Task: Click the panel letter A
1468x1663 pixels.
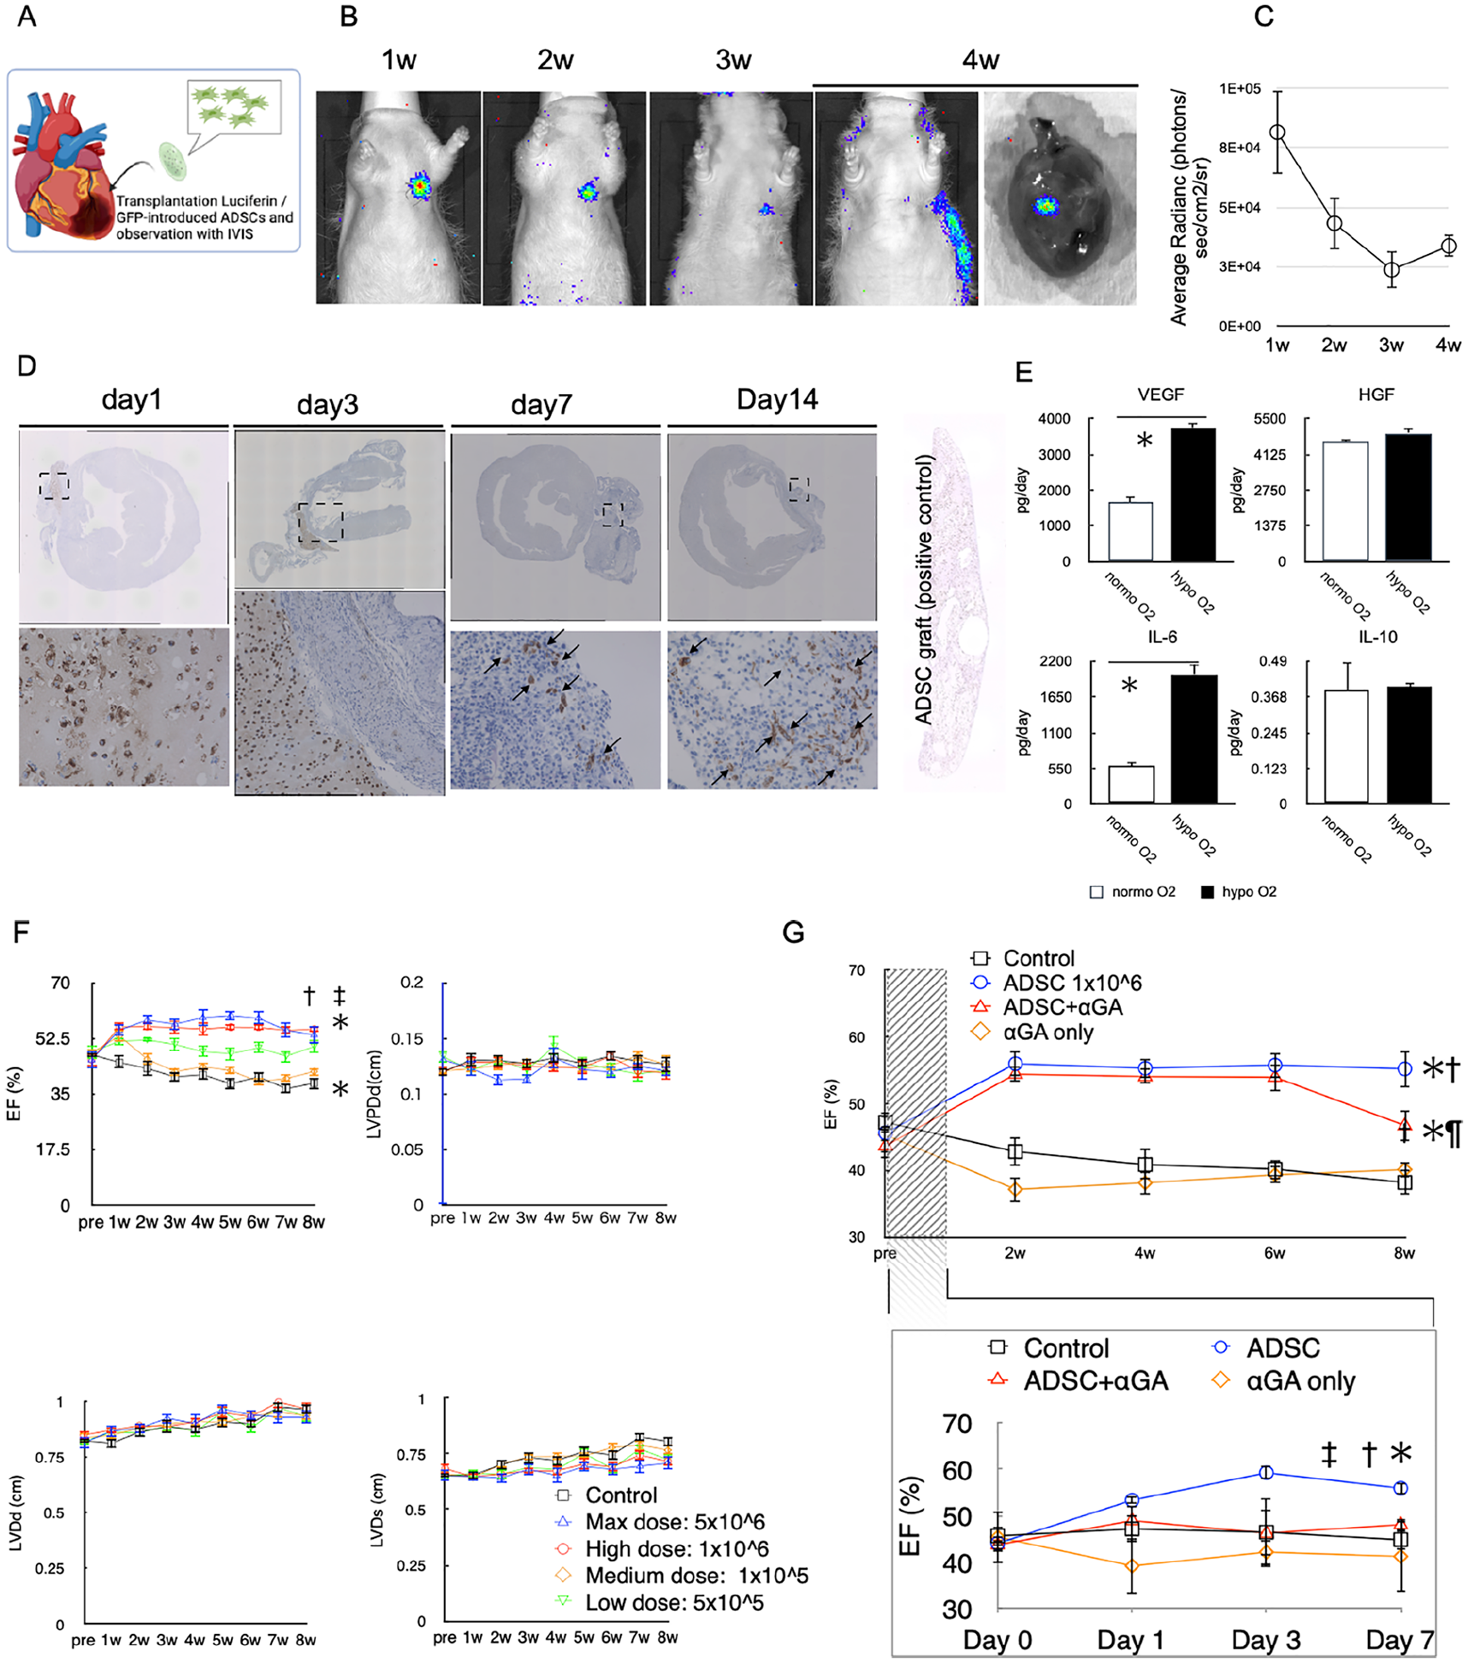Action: (27, 16)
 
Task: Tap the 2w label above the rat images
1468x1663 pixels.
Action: (555, 60)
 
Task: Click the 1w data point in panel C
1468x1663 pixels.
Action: (1277, 132)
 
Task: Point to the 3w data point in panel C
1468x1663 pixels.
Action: (1392, 269)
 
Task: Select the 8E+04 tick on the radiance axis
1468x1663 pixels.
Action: (1240, 148)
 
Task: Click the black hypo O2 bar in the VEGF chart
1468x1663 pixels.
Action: (1193, 495)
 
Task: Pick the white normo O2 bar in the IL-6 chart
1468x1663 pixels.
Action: (1131, 785)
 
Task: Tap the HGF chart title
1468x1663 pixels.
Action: (1376, 394)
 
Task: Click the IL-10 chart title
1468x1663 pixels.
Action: (1377, 637)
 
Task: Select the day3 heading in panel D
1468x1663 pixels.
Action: (327, 404)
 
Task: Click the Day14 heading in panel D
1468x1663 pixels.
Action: (777, 399)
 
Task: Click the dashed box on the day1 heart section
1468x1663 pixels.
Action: (54, 485)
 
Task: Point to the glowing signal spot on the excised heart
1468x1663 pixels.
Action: (1045, 205)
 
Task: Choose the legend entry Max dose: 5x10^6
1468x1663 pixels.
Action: (660, 1521)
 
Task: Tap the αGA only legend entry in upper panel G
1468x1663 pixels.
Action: (1033, 1032)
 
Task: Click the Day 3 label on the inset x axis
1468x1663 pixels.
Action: (1265, 1640)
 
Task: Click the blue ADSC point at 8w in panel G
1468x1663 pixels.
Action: (1404, 1069)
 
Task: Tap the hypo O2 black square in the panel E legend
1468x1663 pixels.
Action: (1207, 892)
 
